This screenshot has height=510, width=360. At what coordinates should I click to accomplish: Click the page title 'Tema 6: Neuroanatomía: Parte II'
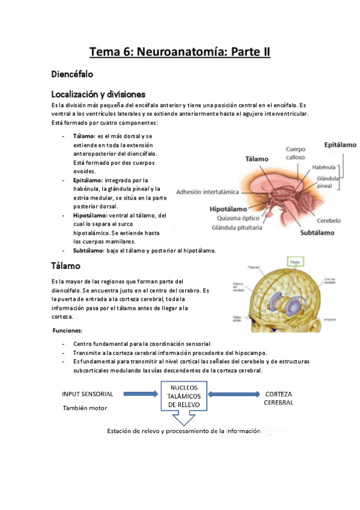(180, 52)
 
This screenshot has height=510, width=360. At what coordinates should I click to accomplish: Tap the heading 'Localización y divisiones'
(98, 94)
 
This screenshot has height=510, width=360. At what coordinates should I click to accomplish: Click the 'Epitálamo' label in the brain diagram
(340, 145)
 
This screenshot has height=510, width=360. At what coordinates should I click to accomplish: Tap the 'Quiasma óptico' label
(234, 218)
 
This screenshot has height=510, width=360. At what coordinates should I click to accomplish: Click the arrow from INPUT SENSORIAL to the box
(138, 395)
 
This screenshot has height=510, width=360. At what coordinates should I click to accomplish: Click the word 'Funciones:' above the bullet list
(68, 331)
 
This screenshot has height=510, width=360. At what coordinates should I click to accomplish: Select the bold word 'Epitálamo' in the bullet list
(87, 180)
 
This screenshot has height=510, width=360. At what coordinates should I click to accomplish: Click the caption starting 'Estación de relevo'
(183, 431)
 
